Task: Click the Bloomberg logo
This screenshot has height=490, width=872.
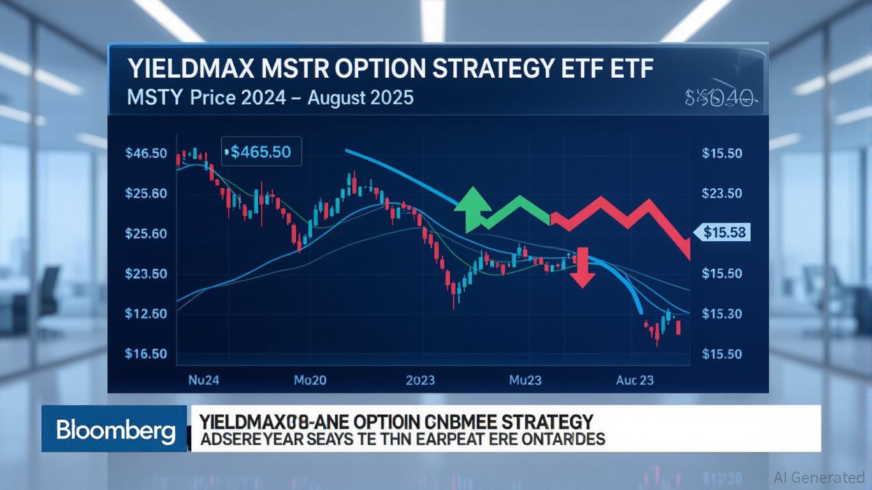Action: (115, 431)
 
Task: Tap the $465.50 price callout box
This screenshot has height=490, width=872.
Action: (260, 152)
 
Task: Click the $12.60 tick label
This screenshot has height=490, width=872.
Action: (147, 313)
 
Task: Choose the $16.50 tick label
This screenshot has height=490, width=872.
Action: (147, 353)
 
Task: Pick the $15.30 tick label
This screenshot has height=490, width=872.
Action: (722, 313)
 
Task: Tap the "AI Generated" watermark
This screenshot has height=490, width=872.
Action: (819, 477)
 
